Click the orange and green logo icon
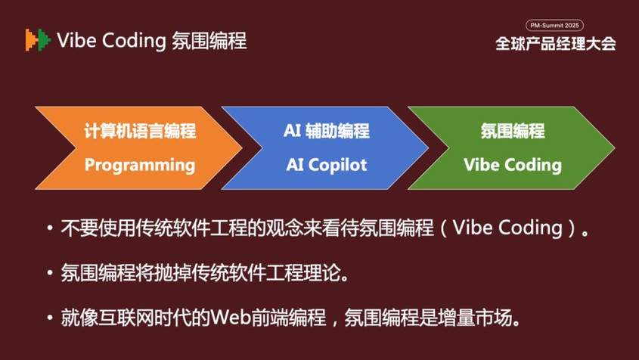38,40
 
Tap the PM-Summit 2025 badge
554,25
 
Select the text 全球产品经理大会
556,44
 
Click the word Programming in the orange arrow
140,165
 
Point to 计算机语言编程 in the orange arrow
140,131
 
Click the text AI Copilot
327,165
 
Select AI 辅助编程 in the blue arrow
327,131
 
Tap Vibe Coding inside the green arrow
513,165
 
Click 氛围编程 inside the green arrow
513,131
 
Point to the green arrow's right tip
614,147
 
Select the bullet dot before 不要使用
50,228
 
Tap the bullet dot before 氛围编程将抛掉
50,272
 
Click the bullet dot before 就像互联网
50,317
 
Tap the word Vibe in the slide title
76,40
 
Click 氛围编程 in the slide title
209,41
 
